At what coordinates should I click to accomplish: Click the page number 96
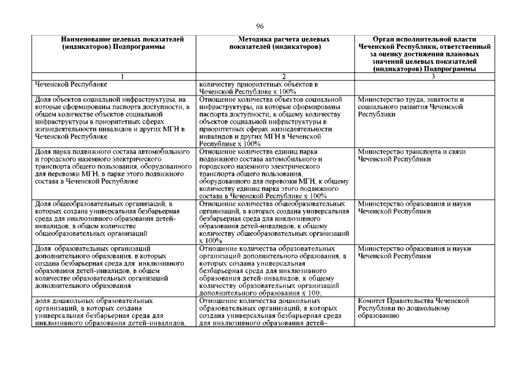click(260, 25)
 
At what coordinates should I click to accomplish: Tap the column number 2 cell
click(275, 76)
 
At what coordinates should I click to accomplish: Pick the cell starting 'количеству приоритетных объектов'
click(275, 87)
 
